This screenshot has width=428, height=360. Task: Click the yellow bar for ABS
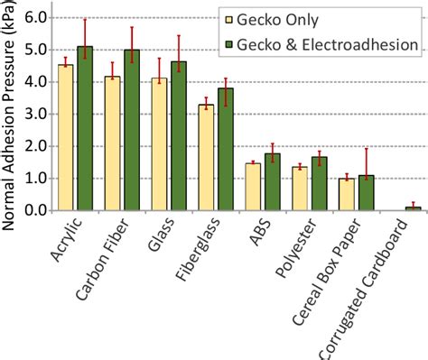click(x=253, y=187)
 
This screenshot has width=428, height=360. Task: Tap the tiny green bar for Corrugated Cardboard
click(x=413, y=208)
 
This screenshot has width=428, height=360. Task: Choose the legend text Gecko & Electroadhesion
click(x=333, y=43)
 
